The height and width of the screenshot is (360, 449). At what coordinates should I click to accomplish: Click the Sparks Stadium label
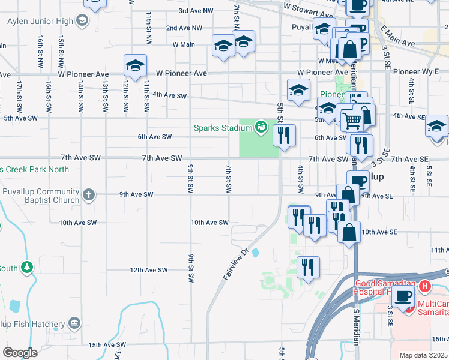tap(222, 127)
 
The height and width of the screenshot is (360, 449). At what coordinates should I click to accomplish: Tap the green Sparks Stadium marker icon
tap(260, 127)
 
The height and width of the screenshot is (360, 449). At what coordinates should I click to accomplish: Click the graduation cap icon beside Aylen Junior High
tap(82, 21)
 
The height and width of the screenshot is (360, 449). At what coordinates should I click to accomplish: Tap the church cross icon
tap(88, 194)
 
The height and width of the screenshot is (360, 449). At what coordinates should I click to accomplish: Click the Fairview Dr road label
tap(236, 264)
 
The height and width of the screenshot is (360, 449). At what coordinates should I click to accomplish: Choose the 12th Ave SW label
tap(149, 270)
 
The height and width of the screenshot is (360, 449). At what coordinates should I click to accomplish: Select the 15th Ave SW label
tap(107, 345)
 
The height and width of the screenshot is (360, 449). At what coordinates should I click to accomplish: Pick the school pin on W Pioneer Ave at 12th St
tap(135, 65)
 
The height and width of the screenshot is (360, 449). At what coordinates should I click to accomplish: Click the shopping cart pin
tap(353, 120)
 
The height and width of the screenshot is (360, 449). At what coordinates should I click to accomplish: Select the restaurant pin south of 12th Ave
tap(308, 267)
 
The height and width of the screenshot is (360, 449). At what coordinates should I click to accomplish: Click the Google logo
tap(20, 353)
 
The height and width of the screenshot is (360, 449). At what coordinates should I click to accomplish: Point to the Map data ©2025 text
tap(423, 355)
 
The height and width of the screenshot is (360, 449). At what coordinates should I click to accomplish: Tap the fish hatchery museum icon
tap(74, 323)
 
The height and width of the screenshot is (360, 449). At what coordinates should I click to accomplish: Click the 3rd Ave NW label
tap(196, 11)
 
